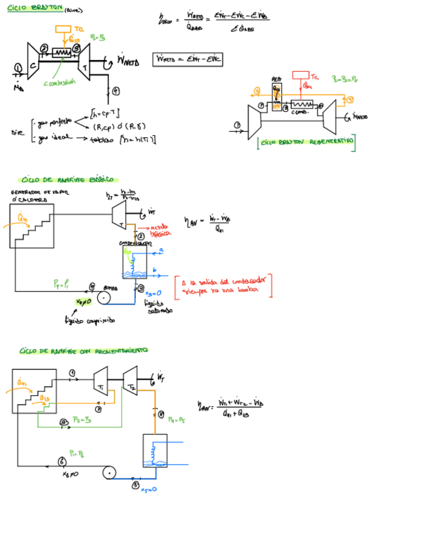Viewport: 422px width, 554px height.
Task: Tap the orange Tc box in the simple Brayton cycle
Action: coord(63,29)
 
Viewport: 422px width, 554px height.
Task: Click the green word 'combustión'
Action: coord(60,82)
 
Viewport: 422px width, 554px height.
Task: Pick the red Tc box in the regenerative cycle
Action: coord(300,75)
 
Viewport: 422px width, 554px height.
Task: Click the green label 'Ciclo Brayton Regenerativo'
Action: coord(307,141)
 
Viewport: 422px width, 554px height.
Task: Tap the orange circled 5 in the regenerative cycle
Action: coord(350,99)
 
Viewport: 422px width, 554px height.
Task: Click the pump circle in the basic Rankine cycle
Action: coord(103,298)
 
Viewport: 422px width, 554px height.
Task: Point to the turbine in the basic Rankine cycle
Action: coord(119,214)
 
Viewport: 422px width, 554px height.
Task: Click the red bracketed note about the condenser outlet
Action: coord(223,285)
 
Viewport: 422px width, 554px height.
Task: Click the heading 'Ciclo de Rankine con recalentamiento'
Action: coord(84,351)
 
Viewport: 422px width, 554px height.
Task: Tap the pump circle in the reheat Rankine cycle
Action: coord(107,472)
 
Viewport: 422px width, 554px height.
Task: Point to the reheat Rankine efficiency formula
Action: coord(232,408)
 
